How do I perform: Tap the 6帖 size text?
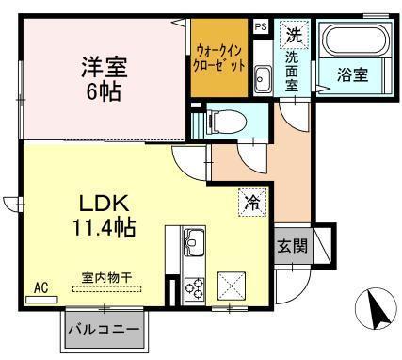pos(103,91)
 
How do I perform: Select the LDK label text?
pos(103,204)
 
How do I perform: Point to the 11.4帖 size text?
pos(103,227)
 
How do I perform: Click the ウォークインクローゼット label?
pos(221,57)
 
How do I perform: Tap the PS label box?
pos(261,28)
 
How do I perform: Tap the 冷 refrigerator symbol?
pos(251,202)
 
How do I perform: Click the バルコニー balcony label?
pos(104,331)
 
